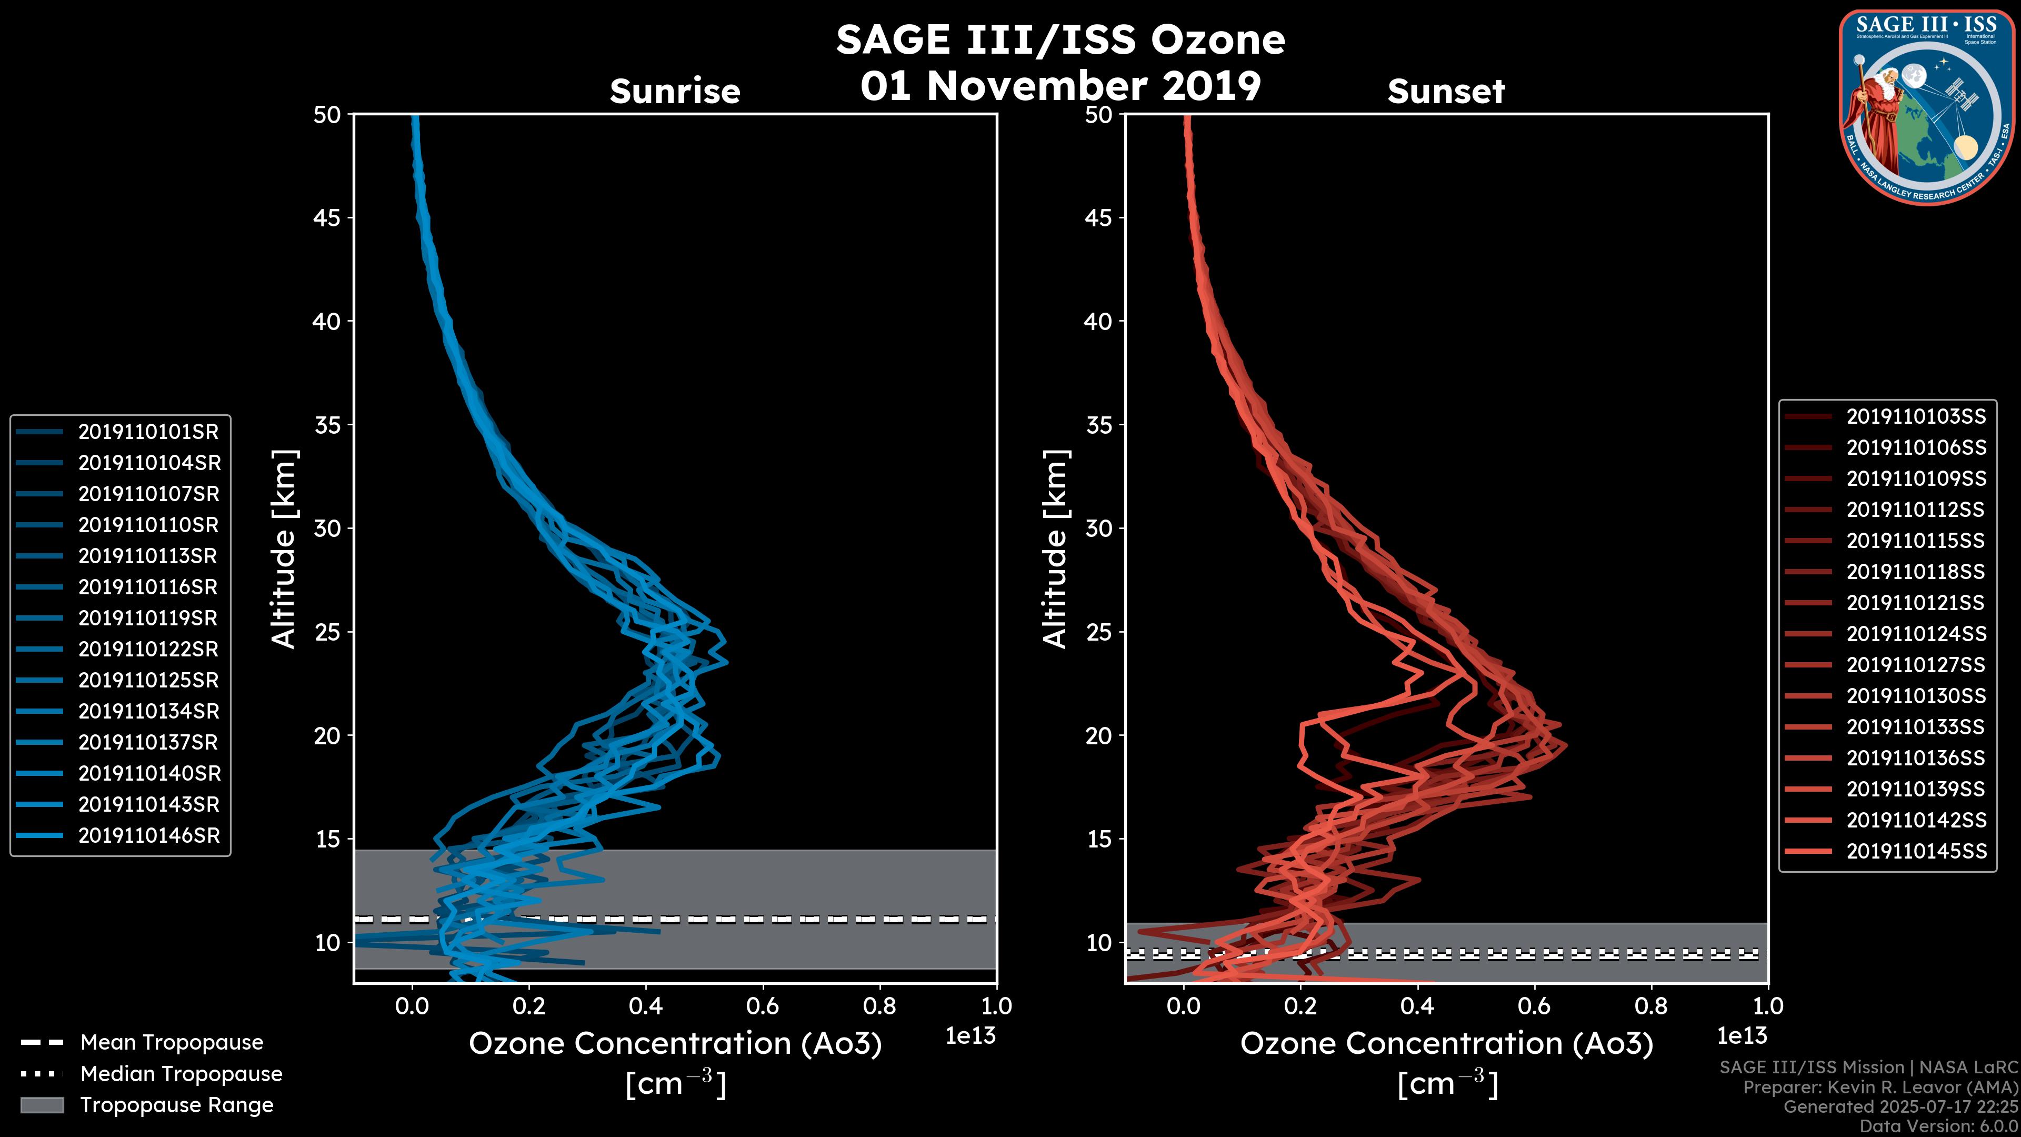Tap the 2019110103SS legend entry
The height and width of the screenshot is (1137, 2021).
pyautogui.click(x=1915, y=417)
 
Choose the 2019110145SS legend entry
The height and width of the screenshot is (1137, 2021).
pyautogui.click(x=1915, y=851)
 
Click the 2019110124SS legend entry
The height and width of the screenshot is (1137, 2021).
pyautogui.click(x=1915, y=634)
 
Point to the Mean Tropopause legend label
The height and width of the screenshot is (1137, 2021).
pyautogui.click(x=172, y=1043)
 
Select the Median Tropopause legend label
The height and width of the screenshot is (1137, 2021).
pyautogui.click(x=181, y=1074)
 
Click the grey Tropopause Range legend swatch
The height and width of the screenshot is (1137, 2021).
pyautogui.click(x=42, y=1105)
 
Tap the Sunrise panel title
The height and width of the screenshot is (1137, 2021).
pyautogui.click(x=675, y=92)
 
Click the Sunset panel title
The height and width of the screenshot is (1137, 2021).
pyautogui.click(x=1446, y=92)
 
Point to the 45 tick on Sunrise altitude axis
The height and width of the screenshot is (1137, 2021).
pyautogui.click(x=328, y=218)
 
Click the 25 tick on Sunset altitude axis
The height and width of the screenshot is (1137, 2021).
pyautogui.click(x=1099, y=632)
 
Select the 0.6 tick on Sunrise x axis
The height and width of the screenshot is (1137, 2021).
pyautogui.click(x=763, y=1006)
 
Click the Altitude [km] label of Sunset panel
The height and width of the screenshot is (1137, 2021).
pyautogui.click(x=1056, y=549)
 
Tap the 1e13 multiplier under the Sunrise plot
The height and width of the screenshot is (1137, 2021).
pyautogui.click(x=971, y=1036)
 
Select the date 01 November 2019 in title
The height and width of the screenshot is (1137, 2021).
pyautogui.click(x=1060, y=86)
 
